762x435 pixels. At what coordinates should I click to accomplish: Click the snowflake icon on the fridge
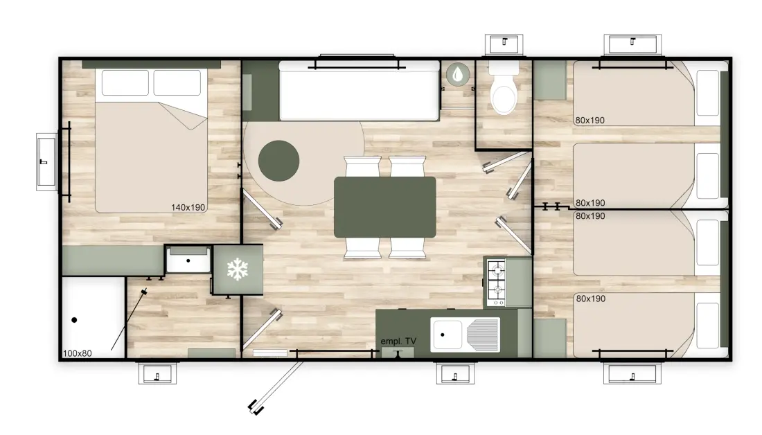pos(238,269)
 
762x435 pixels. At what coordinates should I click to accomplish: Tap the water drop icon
pos(458,74)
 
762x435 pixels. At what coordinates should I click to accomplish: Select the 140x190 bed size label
pos(188,208)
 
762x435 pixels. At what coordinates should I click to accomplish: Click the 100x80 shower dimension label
pos(78,353)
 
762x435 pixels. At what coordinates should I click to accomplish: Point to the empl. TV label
pos(398,341)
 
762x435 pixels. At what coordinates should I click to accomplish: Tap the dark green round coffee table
pos(278,161)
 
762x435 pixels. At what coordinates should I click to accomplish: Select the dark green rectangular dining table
pos(385,208)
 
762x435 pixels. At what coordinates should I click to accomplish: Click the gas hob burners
pos(496,283)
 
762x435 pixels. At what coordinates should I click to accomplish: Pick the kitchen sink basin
pos(448,335)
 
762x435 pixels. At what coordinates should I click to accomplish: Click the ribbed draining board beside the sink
pos(482,335)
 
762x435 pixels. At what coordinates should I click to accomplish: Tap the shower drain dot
pos(74,320)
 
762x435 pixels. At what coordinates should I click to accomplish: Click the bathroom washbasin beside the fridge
pos(188,260)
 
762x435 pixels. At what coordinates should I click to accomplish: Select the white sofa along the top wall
pos(360,91)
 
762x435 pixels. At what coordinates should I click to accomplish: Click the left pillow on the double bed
pos(125,82)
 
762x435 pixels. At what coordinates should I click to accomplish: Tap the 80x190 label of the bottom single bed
pos(591,299)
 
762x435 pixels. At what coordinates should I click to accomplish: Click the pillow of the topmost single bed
pos(707,93)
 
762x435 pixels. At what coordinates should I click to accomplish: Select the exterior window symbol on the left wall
pos(47,162)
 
